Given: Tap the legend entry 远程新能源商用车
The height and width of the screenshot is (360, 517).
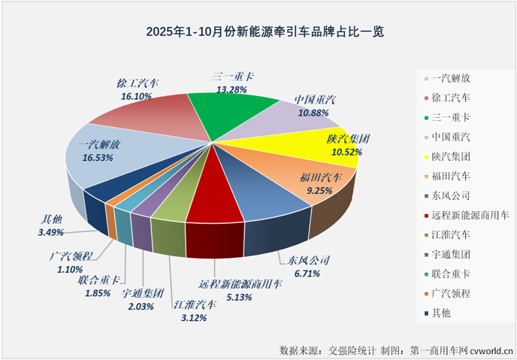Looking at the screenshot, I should click(x=470, y=214).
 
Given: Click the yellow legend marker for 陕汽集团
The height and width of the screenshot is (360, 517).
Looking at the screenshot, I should click(x=427, y=156).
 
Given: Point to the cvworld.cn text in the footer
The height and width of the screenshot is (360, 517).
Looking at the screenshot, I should click(x=492, y=349).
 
